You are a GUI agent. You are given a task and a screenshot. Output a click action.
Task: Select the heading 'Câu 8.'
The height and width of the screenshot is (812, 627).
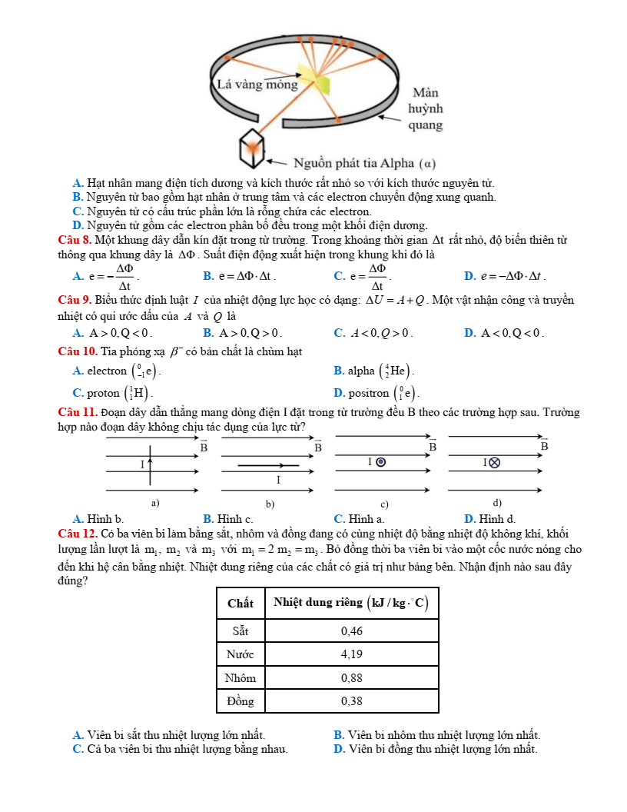(75, 241)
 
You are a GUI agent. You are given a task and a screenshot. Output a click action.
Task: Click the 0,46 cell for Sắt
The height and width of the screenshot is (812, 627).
(351, 631)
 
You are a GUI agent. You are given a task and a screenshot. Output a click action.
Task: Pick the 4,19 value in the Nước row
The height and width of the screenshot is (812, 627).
(351, 655)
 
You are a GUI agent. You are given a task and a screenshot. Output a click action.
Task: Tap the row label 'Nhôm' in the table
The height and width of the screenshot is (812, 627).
(241, 678)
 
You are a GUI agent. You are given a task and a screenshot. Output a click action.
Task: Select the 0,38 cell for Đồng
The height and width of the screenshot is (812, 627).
(351, 701)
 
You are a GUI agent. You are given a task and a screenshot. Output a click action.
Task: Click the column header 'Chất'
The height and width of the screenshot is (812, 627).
(241, 603)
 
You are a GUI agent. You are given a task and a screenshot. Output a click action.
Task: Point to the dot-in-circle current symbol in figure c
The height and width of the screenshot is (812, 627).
(380, 462)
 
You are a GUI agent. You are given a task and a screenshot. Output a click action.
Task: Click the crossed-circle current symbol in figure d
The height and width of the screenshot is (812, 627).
(495, 462)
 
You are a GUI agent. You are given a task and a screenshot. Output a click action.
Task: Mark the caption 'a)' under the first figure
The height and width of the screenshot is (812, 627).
(156, 503)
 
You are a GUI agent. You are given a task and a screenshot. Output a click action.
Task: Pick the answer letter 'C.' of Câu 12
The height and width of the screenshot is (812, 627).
(78, 748)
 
